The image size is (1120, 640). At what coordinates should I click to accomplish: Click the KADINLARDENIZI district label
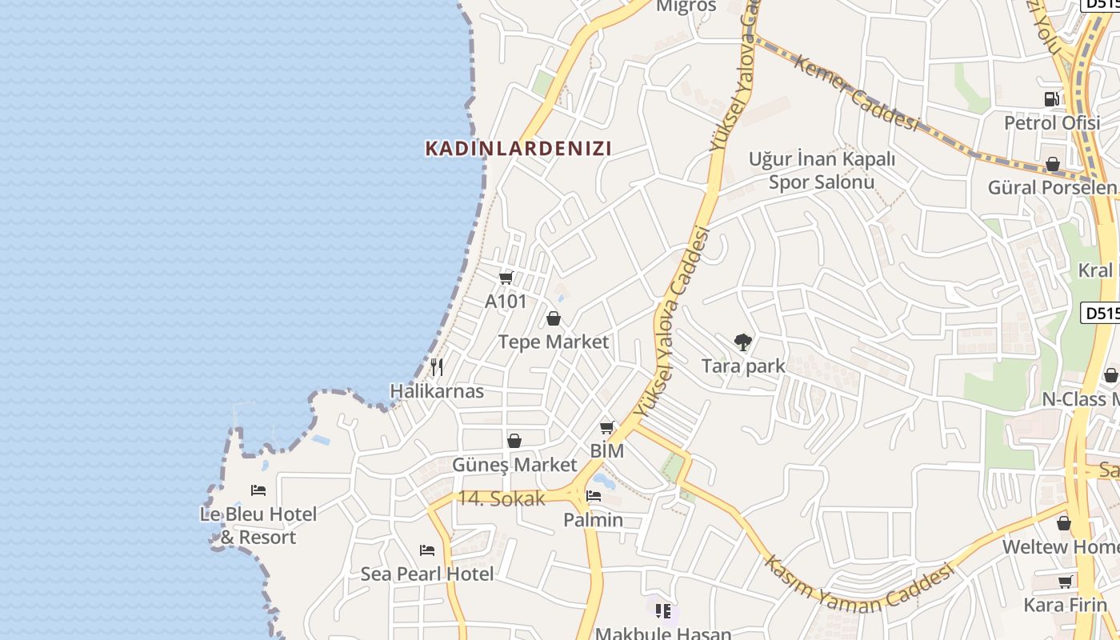pyautogui.click(x=518, y=148)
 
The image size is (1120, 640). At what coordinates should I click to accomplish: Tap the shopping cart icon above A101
pyautogui.click(x=506, y=278)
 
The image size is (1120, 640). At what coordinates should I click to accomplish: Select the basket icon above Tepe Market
pyautogui.click(x=554, y=319)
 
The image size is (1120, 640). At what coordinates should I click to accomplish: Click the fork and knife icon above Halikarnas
pyautogui.click(x=437, y=367)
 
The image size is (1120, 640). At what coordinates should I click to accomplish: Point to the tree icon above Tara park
pyautogui.click(x=742, y=342)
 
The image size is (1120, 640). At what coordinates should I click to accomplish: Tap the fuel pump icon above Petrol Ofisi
pyautogui.click(x=1052, y=99)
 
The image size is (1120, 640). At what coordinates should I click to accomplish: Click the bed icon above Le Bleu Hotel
pyautogui.click(x=258, y=490)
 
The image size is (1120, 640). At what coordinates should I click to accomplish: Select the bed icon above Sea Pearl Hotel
pyautogui.click(x=427, y=550)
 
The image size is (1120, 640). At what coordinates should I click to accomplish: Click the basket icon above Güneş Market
pyautogui.click(x=514, y=441)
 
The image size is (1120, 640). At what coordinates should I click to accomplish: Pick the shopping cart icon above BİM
pyautogui.click(x=607, y=427)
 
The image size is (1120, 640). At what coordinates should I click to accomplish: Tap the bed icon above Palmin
pyautogui.click(x=594, y=496)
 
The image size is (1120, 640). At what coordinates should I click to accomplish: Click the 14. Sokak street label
pyautogui.click(x=502, y=498)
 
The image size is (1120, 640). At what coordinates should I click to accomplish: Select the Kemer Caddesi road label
pyautogui.click(x=855, y=92)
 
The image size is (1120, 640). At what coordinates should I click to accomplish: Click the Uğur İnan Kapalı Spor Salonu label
pyautogui.click(x=822, y=170)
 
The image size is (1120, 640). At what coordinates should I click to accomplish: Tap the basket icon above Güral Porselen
pyautogui.click(x=1053, y=164)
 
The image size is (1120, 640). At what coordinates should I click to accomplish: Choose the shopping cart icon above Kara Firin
pyautogui.click(x=1066, y=582)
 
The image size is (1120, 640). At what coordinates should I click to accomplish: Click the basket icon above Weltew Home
pyautogui.click(x=1064, y=523)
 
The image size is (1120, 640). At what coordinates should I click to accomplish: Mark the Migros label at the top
pyautogui.click(x=686, y=6)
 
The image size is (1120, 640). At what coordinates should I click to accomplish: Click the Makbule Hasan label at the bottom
pyautogui.click(x=663, y=633)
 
